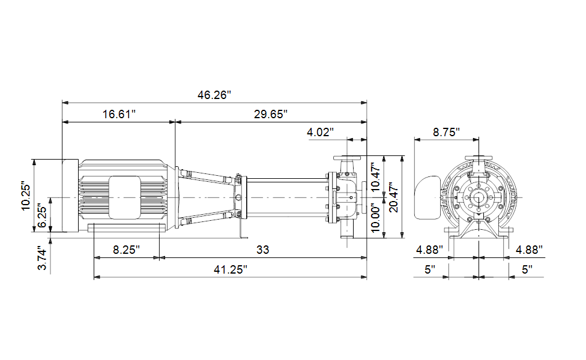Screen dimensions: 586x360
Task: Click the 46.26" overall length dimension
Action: [214, 95]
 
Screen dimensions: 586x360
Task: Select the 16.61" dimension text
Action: [119, 114]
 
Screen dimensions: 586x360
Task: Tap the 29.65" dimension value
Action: [271, 114]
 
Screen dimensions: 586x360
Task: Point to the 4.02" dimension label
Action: [320, 132]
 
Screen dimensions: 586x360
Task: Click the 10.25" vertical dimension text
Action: [26, 196]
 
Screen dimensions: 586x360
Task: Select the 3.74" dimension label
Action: [42, 257]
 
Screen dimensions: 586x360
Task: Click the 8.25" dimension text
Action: [126, 250]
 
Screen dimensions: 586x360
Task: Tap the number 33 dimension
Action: [263, 250]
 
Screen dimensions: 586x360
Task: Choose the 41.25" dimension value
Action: [230, 269]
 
